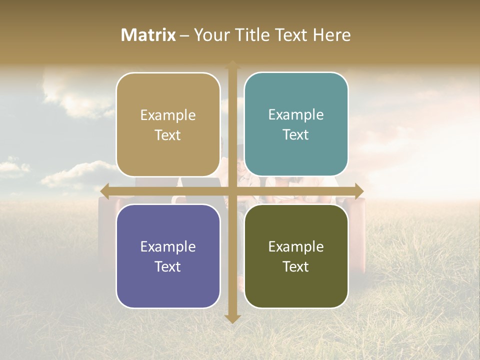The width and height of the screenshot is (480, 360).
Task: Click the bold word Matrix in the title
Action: pyautogui.click(x=148, y=35)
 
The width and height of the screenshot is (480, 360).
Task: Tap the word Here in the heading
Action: pyautogui.click(x=331, y=35)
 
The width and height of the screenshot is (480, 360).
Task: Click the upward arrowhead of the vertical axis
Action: pyautogui.click(x=232, y=64)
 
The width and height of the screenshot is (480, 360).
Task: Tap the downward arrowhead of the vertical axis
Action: pyautogui.click(x=232, y=318)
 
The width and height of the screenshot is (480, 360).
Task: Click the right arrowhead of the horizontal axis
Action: pyautogui.click(x=359, y=191)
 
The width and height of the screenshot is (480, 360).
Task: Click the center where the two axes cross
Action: pyautogui.click(x=232, y=191)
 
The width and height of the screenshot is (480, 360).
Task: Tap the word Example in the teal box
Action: pyautogui.click(x=296, y=114)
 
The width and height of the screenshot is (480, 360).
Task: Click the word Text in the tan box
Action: pyautogui.click(x=168, y=135)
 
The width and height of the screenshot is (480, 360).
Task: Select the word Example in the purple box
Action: pyautogui.click(x=168, y=246)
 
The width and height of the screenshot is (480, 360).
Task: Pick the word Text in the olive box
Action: pyautogui.click(x=296, y=266)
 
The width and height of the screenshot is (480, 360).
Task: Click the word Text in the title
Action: pyautogui.click(x=290, y=35)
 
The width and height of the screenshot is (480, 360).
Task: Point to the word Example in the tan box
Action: pyautogui.click(x=168, y=115)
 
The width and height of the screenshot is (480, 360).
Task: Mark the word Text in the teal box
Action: pyautogui.click(x=296, y=134)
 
